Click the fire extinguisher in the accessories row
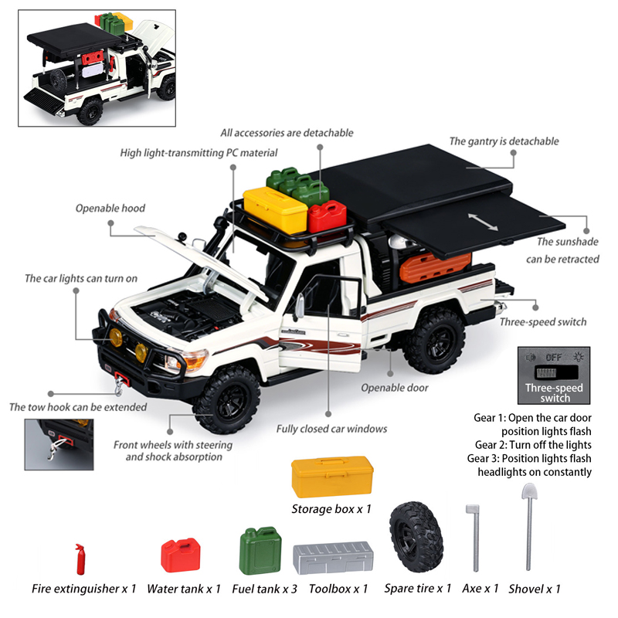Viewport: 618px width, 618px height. [x=80, y=559]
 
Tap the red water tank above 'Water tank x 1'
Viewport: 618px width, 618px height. [x=181, y=555]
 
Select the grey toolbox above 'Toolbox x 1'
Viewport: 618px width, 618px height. [x=333, y=558]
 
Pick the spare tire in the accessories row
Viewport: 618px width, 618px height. [x=416, y=537]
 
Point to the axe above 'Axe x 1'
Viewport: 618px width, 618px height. [x=474, y=538]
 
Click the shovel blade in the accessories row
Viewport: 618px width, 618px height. [x=529, y=492]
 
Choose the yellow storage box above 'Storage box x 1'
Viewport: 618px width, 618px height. [x=332, y=476]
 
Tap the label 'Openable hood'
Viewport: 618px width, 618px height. [x=110, y=208]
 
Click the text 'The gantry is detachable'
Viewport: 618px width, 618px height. [x=504, y=141]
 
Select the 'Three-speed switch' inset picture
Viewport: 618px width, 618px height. [x=554, y=375]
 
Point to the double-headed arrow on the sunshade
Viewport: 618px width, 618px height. [x=483, y=222]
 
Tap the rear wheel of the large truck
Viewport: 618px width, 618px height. [x=433, y=341]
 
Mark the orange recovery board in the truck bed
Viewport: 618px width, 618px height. [x=435, y=267]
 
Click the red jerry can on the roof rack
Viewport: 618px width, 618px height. [x=327, y=217]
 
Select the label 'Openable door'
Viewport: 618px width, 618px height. [x=395, y=388]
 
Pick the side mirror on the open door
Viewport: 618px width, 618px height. [x=300, y=306]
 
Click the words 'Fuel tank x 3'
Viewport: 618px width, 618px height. [x=264, y=589]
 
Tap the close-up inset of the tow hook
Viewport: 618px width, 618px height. [x=59, y=445]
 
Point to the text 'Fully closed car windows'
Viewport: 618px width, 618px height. [x=331, y=429]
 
